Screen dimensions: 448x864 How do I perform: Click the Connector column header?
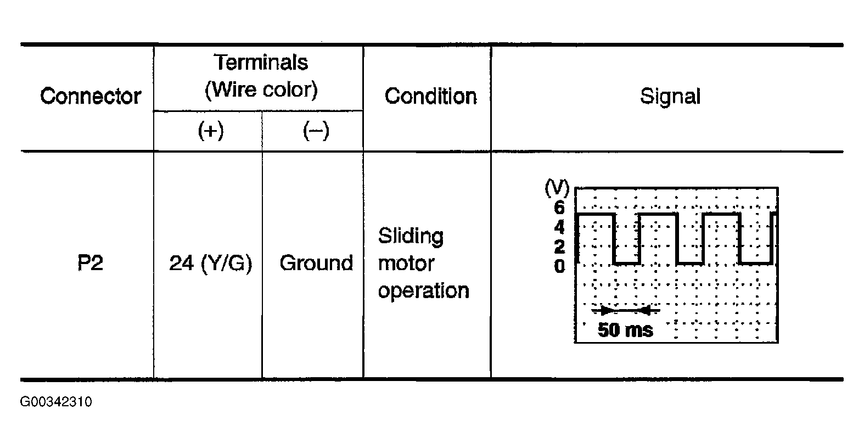(91, 96)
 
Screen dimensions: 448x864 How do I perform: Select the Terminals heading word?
(261, 63)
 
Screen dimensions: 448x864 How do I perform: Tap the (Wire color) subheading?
(261, 89)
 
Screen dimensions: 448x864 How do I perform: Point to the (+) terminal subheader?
(211, 131)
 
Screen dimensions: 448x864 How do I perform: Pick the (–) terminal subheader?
(316, 131)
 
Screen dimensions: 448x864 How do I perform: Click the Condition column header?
(430, 96)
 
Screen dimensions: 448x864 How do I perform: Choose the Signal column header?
(670, 96)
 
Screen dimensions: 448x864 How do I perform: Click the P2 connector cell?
(90, 263)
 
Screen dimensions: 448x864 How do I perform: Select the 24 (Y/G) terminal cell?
(211, 263)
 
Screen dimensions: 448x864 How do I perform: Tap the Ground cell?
(316, 263)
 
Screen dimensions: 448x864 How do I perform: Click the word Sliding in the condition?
(411, 236)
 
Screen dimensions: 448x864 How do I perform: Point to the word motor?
(406, 263)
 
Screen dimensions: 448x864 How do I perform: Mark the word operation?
(423, 290)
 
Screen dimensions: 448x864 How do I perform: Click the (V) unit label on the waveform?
(557, 188)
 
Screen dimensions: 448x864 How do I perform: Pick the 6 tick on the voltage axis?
(559, 207)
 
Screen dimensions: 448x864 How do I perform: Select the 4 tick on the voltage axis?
(559, 227)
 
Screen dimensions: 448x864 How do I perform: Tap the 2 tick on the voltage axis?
(559, 247)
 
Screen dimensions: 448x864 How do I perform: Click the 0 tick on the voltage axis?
(559, 267)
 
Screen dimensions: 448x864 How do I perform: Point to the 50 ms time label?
(625, 330)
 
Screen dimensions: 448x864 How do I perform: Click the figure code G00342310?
(56, 402)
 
